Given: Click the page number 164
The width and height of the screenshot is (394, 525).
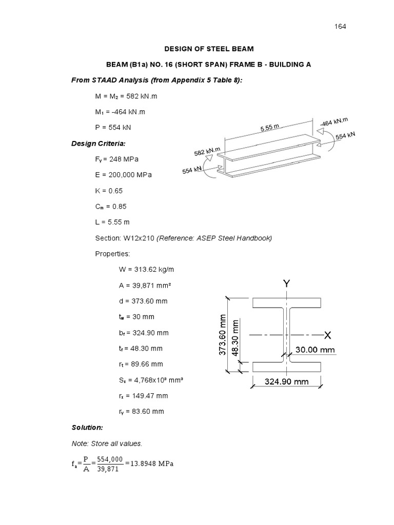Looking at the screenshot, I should (341, 26).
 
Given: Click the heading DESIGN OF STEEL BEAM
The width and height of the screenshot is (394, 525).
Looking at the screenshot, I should (209, 49).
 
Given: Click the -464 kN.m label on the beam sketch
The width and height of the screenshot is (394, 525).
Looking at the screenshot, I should (333, 122).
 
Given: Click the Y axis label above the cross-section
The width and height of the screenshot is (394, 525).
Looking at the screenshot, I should (286, 283).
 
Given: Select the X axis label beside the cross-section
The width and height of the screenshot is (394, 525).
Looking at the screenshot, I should (328, 335).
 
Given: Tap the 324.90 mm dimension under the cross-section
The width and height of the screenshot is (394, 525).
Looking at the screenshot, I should (287, 381).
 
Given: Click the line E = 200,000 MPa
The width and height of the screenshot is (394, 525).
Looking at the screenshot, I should (124, 175).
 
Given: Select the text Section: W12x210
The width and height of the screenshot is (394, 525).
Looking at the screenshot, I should (125, 238).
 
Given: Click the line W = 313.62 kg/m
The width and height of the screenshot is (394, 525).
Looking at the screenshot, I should (145, 269).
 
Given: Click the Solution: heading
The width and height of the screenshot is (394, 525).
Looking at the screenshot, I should (87, 427).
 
